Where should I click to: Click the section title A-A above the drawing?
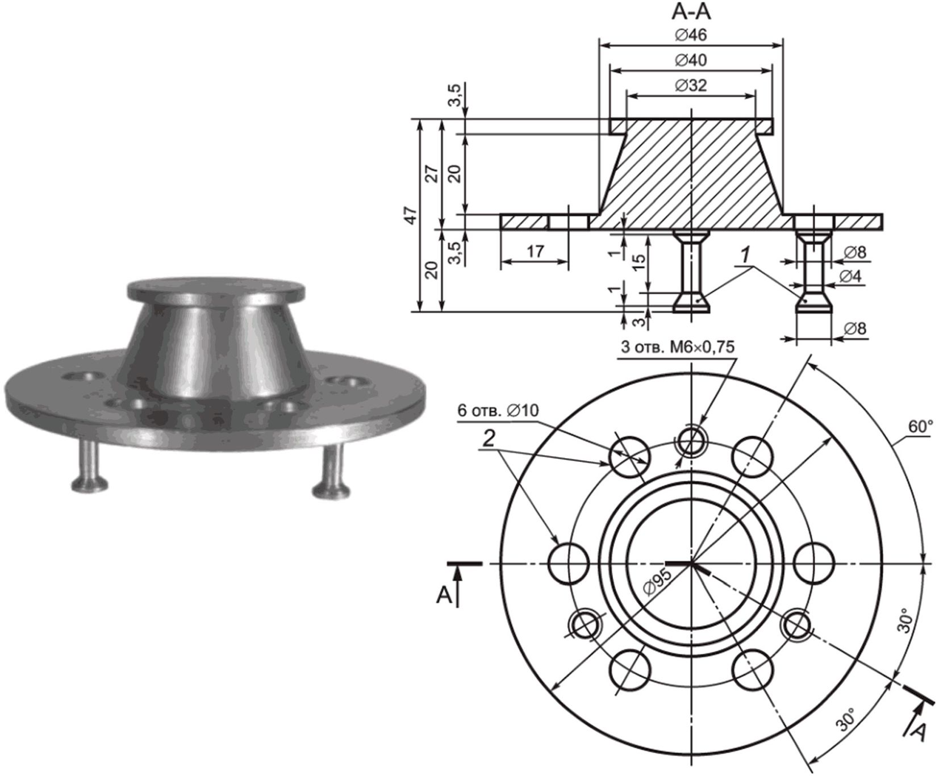point(691,11)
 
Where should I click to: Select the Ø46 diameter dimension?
point(691,35)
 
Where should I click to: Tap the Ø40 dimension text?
point(691,60)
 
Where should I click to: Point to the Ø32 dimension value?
point(691,85)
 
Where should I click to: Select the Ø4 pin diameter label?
point(851,277)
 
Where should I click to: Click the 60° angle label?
point(919,427)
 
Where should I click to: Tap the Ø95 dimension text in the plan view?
point(658,581)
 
